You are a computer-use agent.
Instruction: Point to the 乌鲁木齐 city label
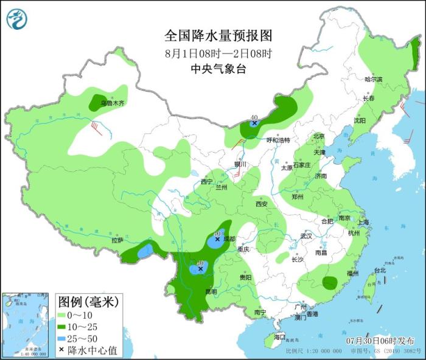tap(112, 103)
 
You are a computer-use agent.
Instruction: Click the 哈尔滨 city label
tap(373, 80)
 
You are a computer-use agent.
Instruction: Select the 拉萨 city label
tap(117, 240)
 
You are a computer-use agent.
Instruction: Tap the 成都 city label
tap(228, 239)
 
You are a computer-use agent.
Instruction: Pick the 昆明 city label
tap(211, 291)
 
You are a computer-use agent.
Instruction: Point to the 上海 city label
tap(363, 223)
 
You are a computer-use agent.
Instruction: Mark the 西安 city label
tap(262, 204)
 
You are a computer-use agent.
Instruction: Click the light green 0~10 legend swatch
tap(64, 314)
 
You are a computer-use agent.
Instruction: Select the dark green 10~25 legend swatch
tap(64, 327)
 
